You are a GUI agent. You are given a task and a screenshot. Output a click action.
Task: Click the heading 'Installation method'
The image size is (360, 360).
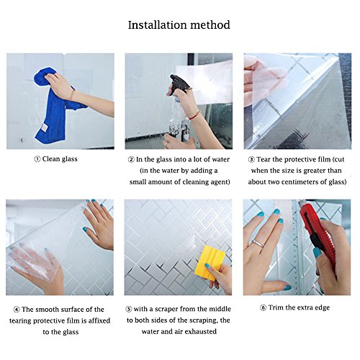pos(179,25)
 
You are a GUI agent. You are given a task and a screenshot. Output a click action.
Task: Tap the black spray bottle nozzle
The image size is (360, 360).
pos(179,82)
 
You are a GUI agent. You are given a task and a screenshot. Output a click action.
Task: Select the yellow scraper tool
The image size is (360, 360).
pos(209,262)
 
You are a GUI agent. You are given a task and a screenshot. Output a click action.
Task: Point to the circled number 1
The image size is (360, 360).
pos(37,159)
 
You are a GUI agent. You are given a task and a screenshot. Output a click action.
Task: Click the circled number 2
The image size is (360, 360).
pos(131,160)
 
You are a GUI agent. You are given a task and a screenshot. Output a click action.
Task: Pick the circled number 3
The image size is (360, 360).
pos(251,160)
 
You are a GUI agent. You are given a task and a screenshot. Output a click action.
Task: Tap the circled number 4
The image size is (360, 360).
pos(17,310)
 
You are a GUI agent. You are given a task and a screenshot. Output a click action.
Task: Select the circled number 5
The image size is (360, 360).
pos(129,310)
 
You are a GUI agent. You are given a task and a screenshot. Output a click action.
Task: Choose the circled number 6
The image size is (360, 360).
pos(264,307)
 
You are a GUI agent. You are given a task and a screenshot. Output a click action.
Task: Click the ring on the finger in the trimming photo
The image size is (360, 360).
pos(258,243)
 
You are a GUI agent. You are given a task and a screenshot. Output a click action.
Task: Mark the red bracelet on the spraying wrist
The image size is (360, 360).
pos(194,116)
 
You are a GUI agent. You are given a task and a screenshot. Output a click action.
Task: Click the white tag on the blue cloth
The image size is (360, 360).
pos(44,128)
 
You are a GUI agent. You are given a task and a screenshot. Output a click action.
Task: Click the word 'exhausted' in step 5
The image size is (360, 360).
pos(201,332)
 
